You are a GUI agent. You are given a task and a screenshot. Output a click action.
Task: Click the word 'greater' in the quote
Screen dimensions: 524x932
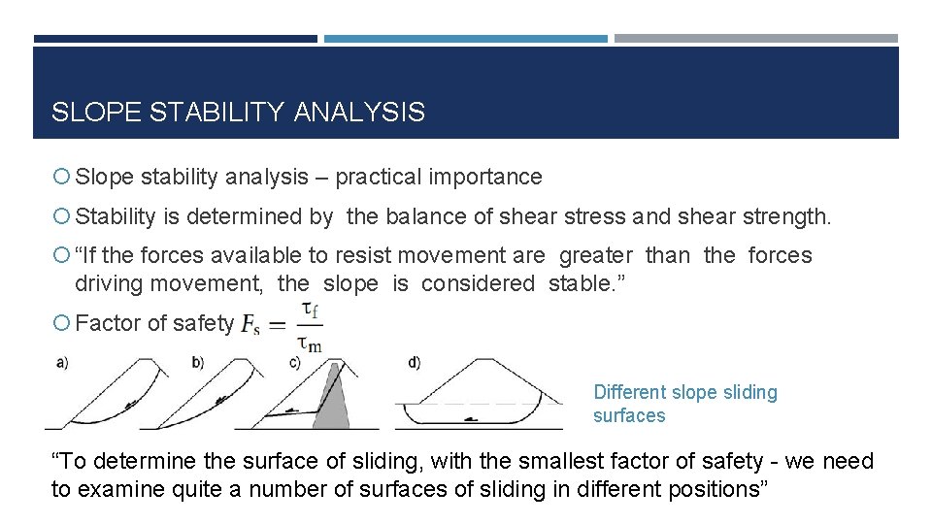596,255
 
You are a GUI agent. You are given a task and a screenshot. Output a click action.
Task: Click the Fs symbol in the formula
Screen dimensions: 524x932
250,325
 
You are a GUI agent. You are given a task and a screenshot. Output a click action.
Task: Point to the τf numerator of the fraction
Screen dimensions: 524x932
310,310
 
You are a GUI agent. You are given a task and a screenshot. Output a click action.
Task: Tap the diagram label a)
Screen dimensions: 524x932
62,363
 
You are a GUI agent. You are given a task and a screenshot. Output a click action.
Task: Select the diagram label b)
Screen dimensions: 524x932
198,363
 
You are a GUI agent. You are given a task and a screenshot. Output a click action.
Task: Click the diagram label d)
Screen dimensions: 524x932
415,363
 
